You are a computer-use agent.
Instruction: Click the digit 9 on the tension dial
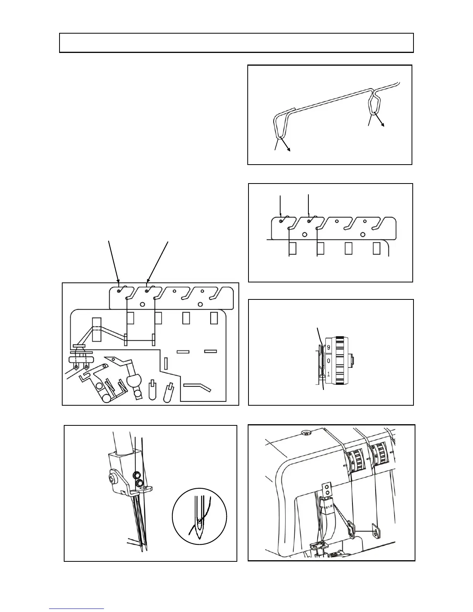click(328, 347)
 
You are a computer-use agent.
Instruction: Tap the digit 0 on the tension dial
click(328, 361)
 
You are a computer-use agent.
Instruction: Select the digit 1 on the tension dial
click(328, 374)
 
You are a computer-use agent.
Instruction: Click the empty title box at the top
click(236, 42)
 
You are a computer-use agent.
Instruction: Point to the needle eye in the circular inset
click(199, 521)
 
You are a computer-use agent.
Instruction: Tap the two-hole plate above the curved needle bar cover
click(327, 489)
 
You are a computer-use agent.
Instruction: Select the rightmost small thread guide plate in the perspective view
click(376, 531)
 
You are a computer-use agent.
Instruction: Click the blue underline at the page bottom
click(77, 609)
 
